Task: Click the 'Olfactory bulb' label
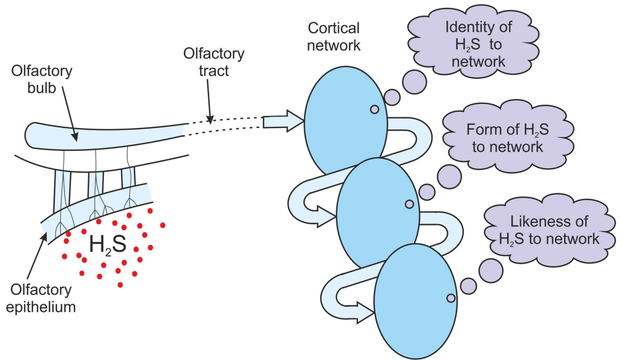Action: coord(41,79)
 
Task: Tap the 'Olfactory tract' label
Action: coord(214,62)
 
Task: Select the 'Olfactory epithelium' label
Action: coord(41,298)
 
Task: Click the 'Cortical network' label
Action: coord(334,37)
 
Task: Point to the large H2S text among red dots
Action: coord(108,244)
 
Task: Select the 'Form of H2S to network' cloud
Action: coord(508,136)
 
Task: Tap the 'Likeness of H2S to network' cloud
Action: coord(549,230)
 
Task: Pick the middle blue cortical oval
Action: coord(377,213)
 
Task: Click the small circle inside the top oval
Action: coord(374,109)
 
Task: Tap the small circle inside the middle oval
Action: coord(409,204)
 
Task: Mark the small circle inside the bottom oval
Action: coord(451,298)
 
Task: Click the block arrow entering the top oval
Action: coord(284,121)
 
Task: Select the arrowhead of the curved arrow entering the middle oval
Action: coord(327,217)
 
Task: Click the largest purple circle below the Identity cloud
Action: coord(415,82)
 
